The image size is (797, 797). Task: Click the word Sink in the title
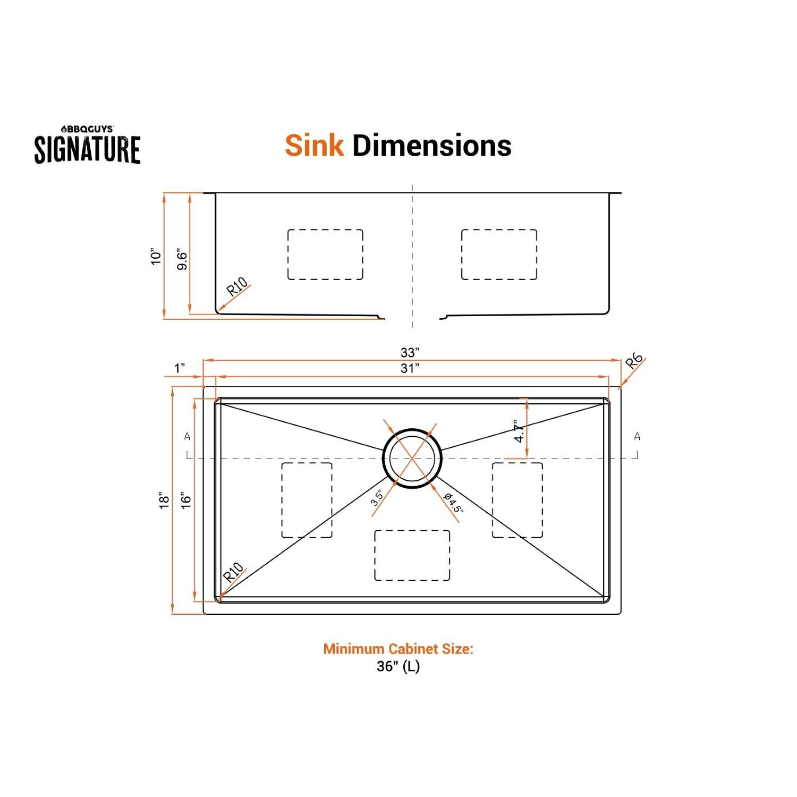pyautogui.click(x=314, y=145)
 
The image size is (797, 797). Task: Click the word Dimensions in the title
pyautogui.click(x=431, y=145)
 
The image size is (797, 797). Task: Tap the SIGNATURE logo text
pyautogui.click(x=88, y=149)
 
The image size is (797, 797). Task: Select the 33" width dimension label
pyautogui.click(x=410, y=352)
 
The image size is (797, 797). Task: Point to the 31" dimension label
pyautogui.click(x=410, y=368)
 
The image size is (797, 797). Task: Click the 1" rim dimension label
pyautogui.click(x=180, y=368)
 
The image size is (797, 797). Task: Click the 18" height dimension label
pyautogui.click(x=164, y=501)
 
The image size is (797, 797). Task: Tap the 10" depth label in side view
pyautogui.click(x=155, y=257)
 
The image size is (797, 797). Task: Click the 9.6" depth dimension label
pyautogui.click(x=182, y=259)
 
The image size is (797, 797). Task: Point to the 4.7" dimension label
pyautogui.click(x=519, y=431)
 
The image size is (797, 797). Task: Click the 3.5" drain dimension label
pyautogui.click(x=377, y=497)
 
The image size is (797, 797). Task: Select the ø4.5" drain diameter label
pyautogui.click(x=453, y=503)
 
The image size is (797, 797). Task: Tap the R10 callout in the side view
pyautogui.click(x=236, y=287)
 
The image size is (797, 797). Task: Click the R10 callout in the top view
pyautogui.click(x=233, y=572)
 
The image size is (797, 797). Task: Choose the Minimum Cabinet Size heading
pyautogui.click(x=398, y=649)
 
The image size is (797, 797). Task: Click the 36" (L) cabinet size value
pyautogui.click(x=398, y=666)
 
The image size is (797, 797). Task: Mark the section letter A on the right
pyautogui.click(x=637, y=437)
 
